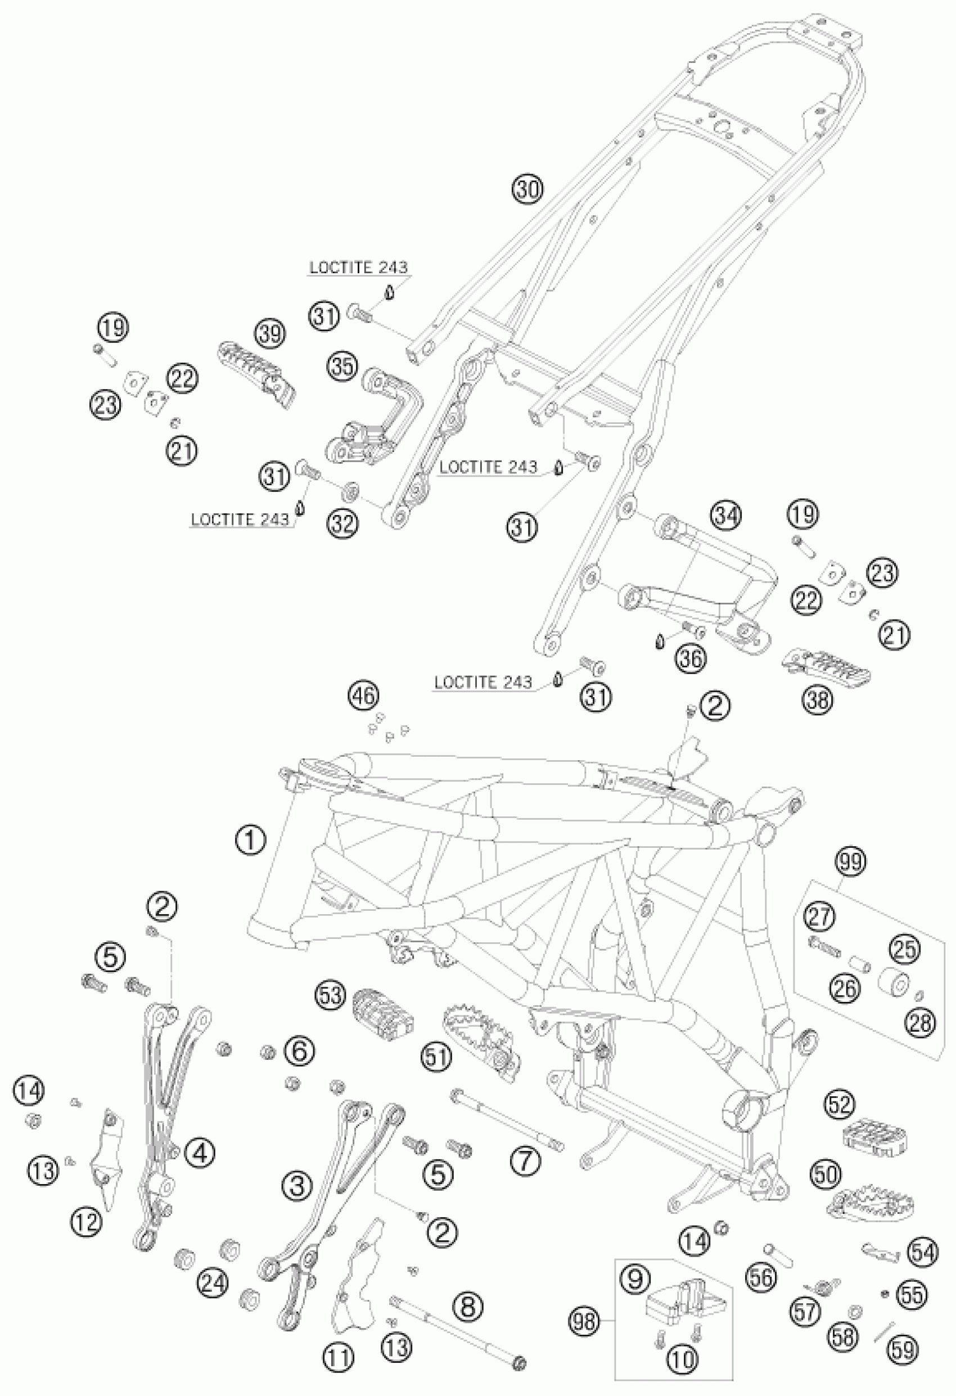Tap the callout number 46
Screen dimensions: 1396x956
pos(363,696)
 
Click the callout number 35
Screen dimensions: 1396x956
pos(342,367)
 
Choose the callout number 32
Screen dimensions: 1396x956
pos(342,524)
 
